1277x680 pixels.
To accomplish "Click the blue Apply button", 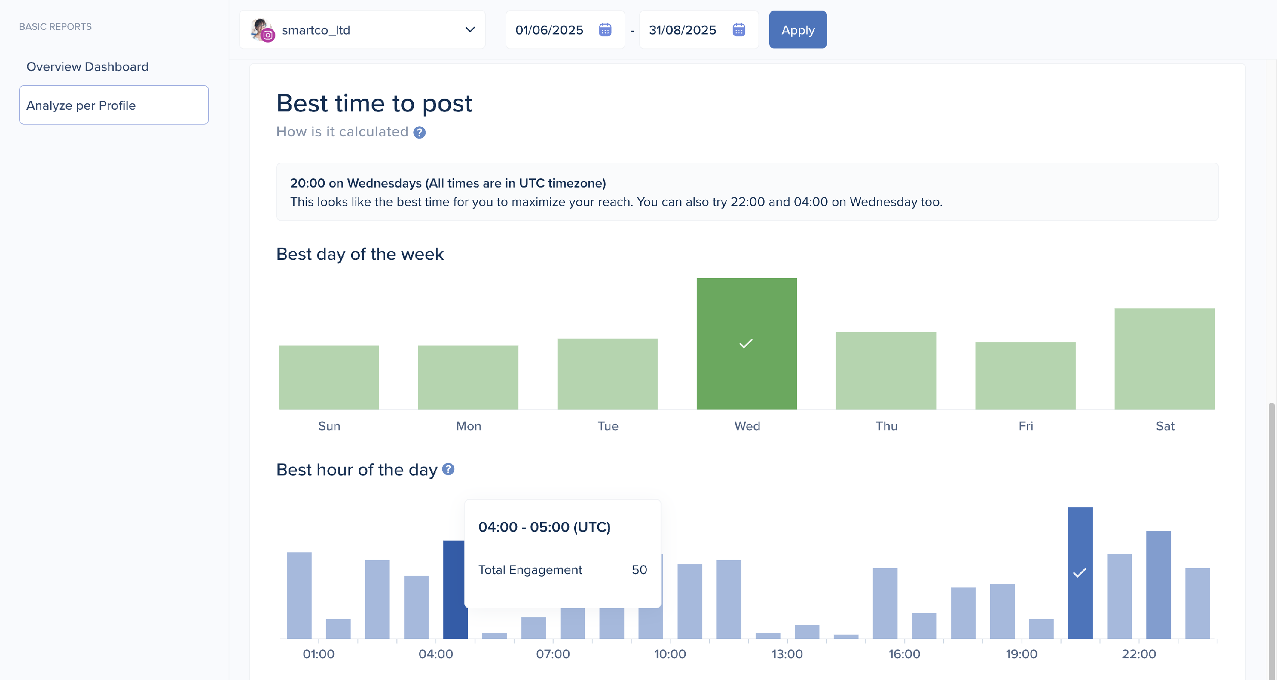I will pos(797,30).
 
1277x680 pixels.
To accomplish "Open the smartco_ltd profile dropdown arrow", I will pos(470,30).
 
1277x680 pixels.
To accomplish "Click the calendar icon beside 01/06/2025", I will pos(605,30).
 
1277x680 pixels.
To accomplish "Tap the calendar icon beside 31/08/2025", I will pos(738,30).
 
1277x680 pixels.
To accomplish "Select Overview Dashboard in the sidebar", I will pos(87,67).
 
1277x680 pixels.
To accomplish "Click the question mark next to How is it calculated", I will pos(419,133).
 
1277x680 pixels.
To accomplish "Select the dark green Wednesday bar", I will pos(746,343).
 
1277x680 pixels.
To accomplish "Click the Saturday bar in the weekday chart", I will pos(1164,358).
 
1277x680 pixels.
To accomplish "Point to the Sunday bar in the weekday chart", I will pos(329,377).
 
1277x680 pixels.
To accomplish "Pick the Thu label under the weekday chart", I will pos(886,426).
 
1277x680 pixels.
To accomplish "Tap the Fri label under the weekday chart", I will pos(1025,426).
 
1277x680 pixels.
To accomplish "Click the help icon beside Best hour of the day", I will pos(448,469).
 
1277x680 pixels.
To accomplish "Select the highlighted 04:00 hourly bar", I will pos(454,589).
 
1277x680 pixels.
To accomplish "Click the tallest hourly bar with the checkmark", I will pos(1079,572).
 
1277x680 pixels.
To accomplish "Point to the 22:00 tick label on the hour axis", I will pos(1138,654).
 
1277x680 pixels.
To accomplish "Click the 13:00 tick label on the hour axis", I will pos(787,654).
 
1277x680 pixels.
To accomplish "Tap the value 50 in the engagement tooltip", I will pos(638,569).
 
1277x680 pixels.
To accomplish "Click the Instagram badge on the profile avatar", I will pos(268,35).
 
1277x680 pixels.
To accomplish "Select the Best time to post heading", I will pos(374,103).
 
